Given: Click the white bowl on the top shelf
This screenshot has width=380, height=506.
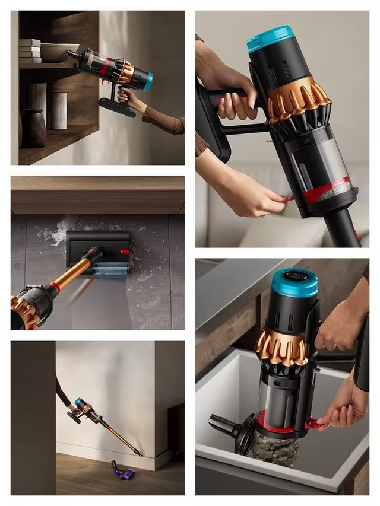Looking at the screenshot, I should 59,52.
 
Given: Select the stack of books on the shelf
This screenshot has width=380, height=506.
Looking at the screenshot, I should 29,50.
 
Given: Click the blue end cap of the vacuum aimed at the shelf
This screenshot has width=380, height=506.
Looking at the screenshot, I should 147,81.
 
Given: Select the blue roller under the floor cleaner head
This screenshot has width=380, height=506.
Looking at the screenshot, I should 111,270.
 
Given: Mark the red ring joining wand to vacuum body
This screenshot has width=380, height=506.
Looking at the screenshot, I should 55,288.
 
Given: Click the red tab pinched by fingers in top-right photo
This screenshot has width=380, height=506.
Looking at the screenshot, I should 289,199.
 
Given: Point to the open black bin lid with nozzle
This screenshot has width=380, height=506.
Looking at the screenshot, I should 229,429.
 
